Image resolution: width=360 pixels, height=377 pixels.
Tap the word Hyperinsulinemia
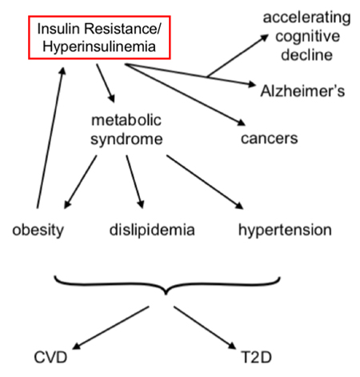[x=99, y=46]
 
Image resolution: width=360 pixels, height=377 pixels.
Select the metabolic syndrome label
[x=126, y=130]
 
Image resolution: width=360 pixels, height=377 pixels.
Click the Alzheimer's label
[x=302, y=90]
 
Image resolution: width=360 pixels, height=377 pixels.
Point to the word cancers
[x=270, y=138]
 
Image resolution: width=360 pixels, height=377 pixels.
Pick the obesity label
[x=38, y=230]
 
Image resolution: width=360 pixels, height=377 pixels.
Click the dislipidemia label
[x=152, y=230]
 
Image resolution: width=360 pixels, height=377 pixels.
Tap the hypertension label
[x=285, y=230]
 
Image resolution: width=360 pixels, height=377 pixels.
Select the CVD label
[x=50, y=357]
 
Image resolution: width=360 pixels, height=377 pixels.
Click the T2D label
[x=256, y=357]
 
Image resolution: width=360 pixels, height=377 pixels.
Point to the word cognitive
[x=307, y=36]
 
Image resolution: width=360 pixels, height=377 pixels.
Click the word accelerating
[x=306, y=18]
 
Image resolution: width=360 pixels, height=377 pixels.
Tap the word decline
[x=306, y=54]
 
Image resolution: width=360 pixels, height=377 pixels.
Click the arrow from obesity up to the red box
[x=50, y=138]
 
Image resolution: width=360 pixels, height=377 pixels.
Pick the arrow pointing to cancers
[x=185, y=94]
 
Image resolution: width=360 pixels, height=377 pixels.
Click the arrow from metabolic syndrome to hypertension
[x=205, y=182]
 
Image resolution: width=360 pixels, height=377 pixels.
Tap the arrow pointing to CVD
[x=110, y=327]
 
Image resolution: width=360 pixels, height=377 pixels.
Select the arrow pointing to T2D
[x=205, y=327]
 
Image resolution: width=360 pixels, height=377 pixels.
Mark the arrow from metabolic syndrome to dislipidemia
[x=135, y=182]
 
